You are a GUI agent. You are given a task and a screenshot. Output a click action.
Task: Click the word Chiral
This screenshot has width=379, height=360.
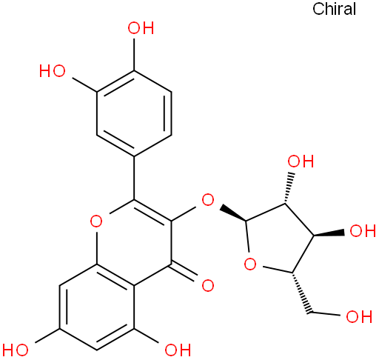tap(334, 9)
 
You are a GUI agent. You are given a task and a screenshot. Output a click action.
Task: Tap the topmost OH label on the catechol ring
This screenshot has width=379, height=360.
tap(141, 28)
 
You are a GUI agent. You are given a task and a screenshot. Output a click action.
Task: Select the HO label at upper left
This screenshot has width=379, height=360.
tap(53, 71)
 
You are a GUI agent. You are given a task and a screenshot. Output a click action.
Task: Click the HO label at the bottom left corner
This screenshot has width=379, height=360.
tap(16, 350)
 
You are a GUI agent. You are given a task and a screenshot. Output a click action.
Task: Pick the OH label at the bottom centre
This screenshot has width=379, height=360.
tap(178, 350)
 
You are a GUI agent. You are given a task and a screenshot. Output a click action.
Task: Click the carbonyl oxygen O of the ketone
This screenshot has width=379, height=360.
tap(208, 286)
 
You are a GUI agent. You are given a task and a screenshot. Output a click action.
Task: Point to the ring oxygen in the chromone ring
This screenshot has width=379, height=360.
tap(96, 221)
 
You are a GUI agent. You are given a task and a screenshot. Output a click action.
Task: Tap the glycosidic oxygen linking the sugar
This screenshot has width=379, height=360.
tap(208, 200)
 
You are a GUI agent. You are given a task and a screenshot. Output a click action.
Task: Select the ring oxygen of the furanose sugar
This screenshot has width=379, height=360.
tap(250, 264)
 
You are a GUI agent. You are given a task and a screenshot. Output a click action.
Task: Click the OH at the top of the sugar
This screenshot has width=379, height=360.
tap(301, 161)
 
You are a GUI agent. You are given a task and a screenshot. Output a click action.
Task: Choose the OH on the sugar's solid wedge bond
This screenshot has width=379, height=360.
tap(363, 231)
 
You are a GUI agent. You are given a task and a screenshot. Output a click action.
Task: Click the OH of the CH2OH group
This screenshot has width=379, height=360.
tap(359, 316)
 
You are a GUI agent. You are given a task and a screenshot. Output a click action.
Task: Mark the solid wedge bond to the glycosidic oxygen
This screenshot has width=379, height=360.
tap(233, 213)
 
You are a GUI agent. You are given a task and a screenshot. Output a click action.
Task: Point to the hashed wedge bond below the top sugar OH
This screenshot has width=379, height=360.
tap(289, 188)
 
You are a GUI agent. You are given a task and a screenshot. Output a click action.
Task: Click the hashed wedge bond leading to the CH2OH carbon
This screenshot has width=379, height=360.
tap(301, 293)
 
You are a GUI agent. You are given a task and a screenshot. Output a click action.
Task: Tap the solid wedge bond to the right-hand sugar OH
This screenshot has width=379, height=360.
tap(329, 233)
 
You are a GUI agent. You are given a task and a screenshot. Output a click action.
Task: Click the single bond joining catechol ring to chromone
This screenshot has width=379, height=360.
tap(134, 178)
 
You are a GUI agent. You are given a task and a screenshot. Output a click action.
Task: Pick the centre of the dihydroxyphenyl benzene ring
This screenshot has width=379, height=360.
tap(134, 113)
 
